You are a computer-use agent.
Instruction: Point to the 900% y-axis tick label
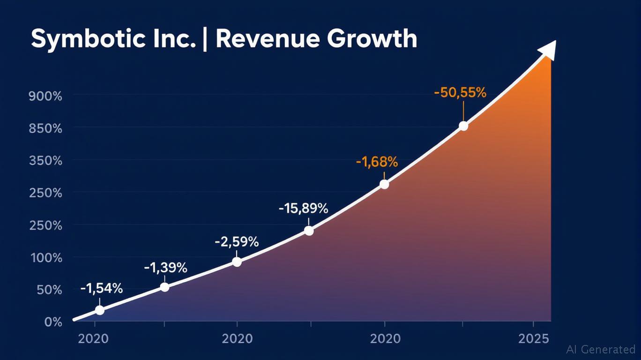pos(45,97)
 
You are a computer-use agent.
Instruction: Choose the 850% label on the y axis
pos(45,128)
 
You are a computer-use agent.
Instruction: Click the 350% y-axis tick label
pos(45,161)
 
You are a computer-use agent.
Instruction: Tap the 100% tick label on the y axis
pos(45,258)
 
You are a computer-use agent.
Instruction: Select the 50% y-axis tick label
pos(49,290)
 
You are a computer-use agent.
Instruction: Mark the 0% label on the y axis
pos(53,322)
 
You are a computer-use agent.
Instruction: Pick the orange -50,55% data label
pos(460,93)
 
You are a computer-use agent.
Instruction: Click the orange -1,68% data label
pos(377,163)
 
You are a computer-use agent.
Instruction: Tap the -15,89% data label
pos(303,209)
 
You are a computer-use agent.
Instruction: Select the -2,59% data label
pos(237,242)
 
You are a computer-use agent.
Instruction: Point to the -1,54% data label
pos(101,289)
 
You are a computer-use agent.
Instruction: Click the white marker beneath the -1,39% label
pos(164,287)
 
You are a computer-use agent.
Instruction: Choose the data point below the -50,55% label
pos(463,126)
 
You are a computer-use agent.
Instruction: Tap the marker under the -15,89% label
pos(309,231)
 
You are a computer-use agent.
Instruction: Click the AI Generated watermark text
pos(601,349)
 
